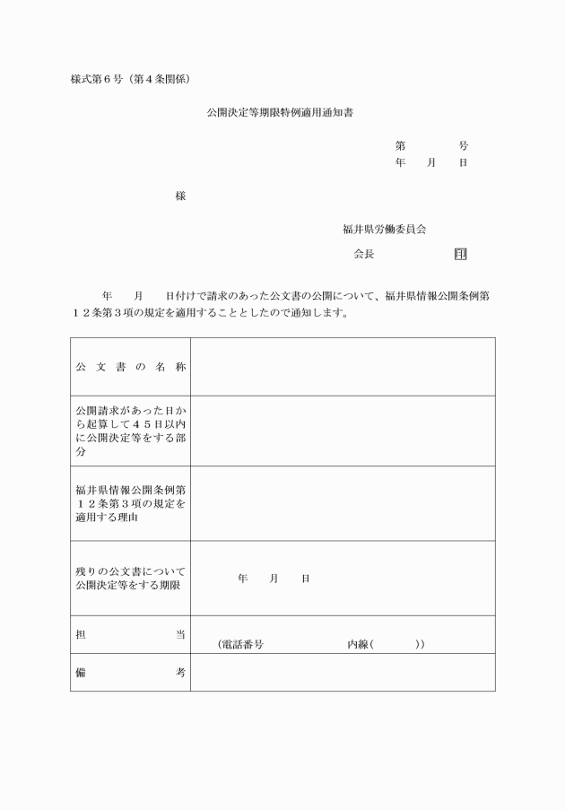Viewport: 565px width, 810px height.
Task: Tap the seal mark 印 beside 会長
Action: click(460, 254)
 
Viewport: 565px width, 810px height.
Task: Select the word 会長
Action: click(363, 254)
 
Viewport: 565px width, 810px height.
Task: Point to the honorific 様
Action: click(180, 196)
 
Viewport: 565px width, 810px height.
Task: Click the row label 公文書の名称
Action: click(130, 367)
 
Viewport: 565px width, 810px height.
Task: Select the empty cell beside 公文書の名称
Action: click(342, 367)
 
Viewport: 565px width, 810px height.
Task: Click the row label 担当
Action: click(130, 634)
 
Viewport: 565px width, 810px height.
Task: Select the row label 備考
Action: click(130, 672)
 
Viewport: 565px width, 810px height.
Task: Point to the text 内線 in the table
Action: click(359, 644)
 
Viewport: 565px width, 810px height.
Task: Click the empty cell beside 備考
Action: click(342, 672)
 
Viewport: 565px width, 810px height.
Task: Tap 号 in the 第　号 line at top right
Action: click(463, 145)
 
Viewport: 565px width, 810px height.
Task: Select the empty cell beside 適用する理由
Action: click(342, 503)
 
